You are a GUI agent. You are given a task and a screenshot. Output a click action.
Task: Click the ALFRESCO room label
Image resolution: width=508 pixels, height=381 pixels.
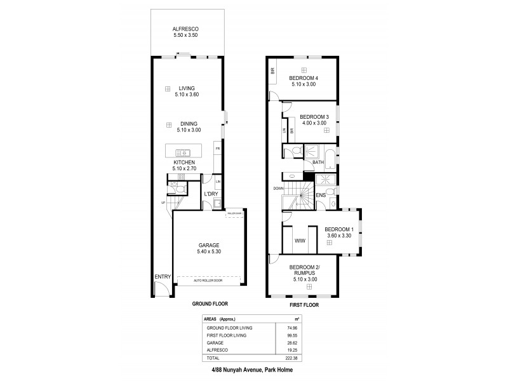(186, 29)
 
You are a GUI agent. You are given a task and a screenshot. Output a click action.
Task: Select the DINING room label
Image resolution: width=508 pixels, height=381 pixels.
(188, 124)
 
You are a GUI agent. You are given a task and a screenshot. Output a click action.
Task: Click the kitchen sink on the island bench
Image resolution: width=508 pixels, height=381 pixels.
(183, 152)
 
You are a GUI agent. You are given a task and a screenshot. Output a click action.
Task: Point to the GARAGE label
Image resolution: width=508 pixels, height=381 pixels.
(208, 245)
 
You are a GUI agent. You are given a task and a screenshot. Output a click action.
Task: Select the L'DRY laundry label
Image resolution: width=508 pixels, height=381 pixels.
(211, 193)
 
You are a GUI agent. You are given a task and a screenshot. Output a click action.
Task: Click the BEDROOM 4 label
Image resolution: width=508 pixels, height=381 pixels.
(304, 78)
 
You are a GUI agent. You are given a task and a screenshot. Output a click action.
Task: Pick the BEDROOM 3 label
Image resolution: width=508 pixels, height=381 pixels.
(314, 117)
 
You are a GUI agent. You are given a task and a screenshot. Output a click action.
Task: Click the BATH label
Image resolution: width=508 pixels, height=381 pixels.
(319, 163)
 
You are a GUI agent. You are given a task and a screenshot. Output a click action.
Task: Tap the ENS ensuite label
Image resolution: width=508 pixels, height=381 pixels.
(321, 196)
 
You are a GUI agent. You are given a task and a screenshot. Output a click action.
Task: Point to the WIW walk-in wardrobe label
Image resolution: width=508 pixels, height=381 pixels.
(300, 241)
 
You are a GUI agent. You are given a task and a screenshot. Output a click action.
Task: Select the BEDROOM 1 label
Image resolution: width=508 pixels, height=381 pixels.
(338, 229)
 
